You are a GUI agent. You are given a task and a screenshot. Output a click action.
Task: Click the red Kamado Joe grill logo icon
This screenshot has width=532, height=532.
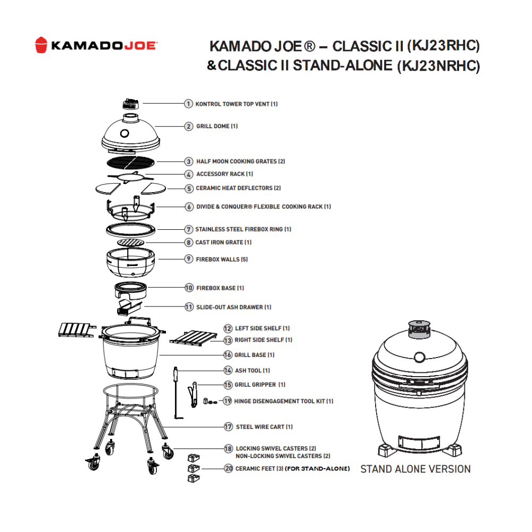41,45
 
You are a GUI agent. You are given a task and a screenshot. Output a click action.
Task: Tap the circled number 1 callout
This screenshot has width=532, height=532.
189,104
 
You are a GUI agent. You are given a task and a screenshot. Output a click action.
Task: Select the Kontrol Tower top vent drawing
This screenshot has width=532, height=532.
131,104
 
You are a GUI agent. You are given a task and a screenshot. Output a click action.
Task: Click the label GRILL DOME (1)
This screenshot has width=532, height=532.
217,126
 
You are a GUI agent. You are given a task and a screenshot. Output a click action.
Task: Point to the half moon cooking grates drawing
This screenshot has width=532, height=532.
131,162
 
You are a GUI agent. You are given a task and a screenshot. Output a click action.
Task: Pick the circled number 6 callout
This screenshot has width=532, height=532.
189,206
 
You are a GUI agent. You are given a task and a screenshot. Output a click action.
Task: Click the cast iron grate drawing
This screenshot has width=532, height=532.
131,242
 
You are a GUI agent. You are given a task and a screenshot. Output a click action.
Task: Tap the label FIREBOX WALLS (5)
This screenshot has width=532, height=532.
222,260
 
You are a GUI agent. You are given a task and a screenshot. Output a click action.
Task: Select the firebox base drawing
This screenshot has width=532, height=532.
131,290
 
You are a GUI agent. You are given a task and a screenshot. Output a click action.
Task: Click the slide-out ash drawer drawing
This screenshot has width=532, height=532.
129,307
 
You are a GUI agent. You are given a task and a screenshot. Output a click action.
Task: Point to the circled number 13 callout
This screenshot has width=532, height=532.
228,340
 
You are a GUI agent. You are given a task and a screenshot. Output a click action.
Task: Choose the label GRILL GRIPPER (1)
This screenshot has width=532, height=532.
260,385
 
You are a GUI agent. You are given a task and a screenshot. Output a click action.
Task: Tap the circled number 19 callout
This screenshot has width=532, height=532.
227,401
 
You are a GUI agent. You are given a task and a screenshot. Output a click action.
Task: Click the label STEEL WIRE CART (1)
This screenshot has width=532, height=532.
264,427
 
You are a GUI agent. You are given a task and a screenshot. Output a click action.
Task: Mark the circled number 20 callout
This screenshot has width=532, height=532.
228,469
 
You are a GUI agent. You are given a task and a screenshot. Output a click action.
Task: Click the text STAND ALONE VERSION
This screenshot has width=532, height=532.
415,469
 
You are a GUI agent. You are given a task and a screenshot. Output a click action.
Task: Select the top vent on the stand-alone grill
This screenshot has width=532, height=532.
419,329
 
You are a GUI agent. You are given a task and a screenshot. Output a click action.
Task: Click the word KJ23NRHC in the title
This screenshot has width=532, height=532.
438,65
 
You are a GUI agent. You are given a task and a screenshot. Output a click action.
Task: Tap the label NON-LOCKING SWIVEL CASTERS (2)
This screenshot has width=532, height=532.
283,456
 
